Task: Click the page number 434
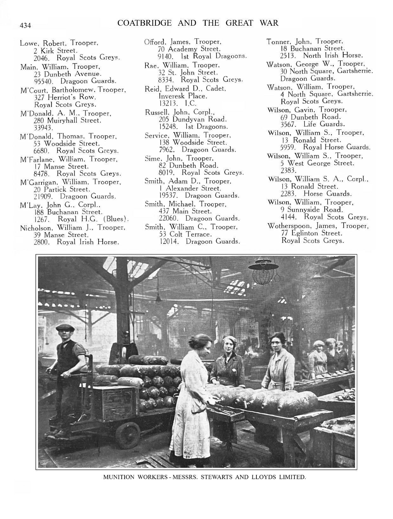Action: (25, 26)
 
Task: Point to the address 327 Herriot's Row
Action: (65, 97)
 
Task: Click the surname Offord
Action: (155, 42)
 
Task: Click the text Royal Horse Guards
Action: (337, 147)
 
